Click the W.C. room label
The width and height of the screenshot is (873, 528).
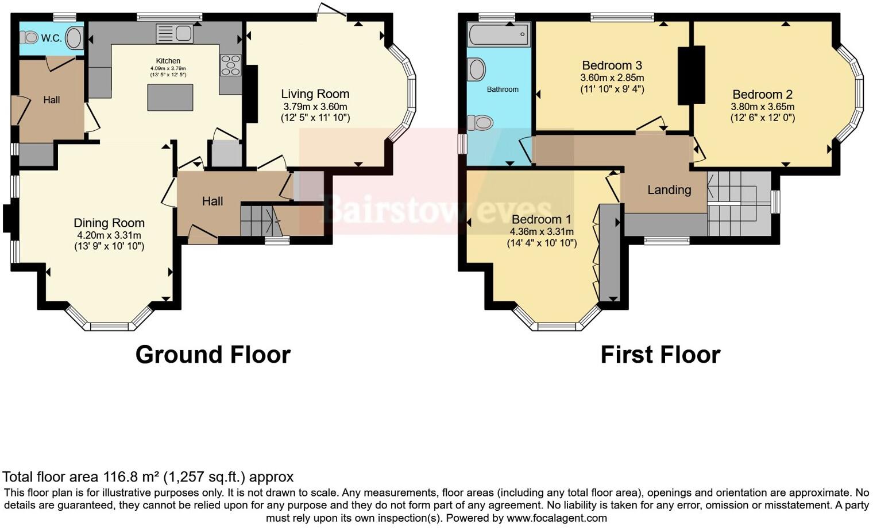[51, 38]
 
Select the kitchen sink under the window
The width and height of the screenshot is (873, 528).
[175, 33]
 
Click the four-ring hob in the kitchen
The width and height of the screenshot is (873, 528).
[230, 64]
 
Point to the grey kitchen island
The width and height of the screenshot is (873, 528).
[170, 97]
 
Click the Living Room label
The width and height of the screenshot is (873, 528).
[315, 94]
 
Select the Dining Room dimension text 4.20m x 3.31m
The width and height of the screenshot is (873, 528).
[109, 235]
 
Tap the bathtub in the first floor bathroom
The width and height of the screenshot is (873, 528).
[499, 34]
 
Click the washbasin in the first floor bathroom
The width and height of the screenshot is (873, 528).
[477, 70]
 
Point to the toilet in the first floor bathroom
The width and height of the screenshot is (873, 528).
[481, 123]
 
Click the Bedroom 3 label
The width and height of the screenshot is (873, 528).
[612, 65]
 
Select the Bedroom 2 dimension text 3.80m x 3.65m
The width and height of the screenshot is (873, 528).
[762, 107]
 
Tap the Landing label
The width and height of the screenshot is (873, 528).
[669, 190]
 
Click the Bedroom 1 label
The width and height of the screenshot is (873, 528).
[541, 219]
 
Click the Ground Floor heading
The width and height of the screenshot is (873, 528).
[213, 355]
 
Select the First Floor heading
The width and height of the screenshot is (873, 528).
[660, 355]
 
